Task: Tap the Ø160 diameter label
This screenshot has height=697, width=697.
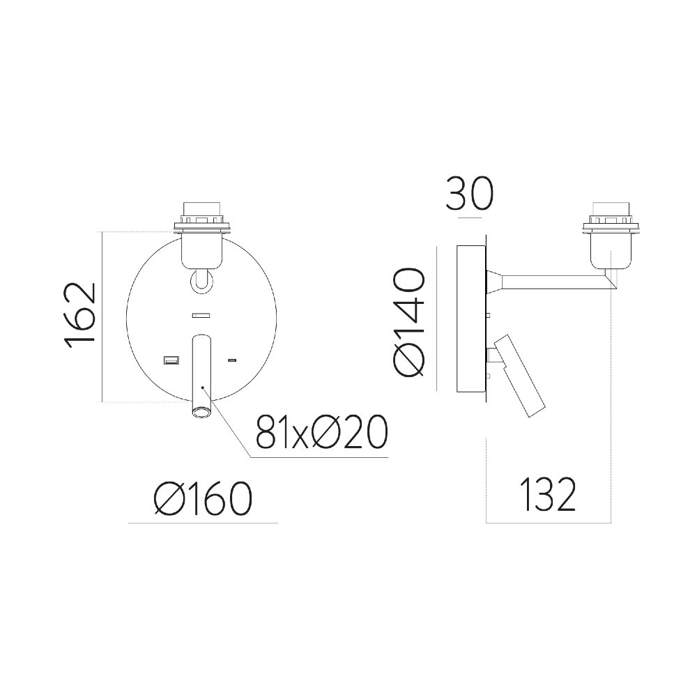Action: [x=203, y=498]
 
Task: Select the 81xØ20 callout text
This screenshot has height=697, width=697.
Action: [x=322, y=431]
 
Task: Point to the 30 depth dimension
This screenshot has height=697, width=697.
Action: [x=469, y=194]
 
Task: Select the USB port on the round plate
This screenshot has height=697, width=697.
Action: [x=171, y=360]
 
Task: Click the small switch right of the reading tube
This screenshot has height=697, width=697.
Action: [x=231, y=360]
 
